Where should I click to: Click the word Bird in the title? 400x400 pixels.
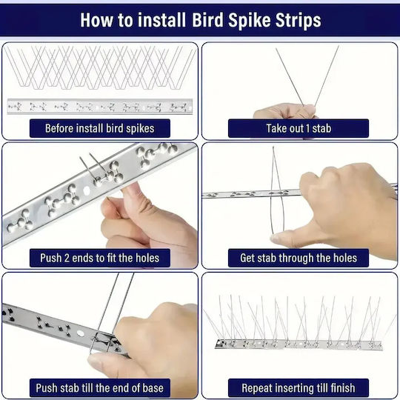coord(207,20)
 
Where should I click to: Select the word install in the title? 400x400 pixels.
coord(161,20)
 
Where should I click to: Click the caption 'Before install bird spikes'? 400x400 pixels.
coord(100,128)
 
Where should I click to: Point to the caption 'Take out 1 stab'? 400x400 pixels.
coord(299,128)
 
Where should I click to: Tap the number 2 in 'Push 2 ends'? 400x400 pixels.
coord(67,259)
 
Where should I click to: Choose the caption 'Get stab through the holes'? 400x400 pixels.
coord(299,258)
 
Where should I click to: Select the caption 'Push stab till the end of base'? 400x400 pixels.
coord(100,388)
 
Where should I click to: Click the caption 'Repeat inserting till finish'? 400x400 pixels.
coord(299,388)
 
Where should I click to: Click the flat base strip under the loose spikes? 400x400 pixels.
coord(100,107)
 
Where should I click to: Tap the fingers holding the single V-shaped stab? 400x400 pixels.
coord(285,111)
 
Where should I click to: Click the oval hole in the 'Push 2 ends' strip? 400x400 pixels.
coord(87,190)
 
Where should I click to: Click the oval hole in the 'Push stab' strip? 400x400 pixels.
coord(80,333)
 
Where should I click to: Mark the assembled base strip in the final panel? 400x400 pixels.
coord(299,344)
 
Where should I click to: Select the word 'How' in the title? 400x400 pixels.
coord(96,20)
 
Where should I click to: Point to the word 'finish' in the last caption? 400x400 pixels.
coord(343,388)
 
